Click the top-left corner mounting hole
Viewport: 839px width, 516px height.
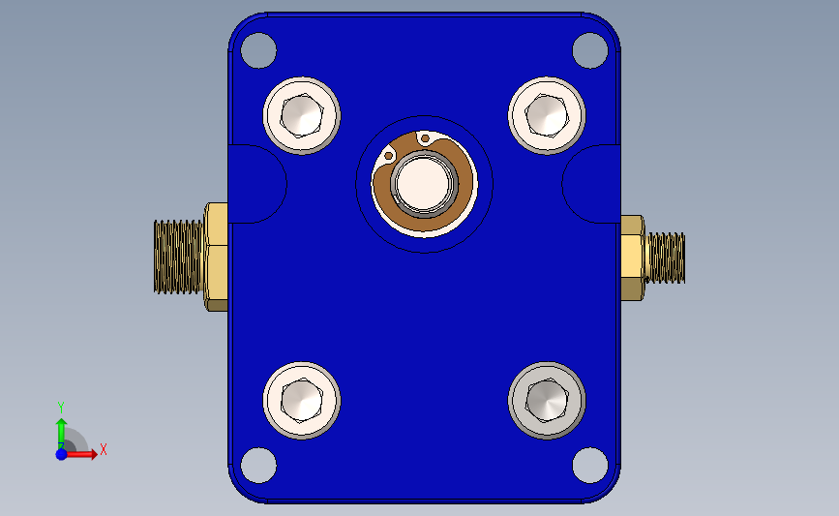pos(258,50)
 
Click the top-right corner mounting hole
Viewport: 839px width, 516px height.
pos(590,50)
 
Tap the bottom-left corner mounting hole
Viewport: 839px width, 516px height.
pos(258,465)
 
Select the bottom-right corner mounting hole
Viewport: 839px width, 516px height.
pos(590,465)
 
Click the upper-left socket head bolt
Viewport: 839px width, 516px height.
pos(302,115)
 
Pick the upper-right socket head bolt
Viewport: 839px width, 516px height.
pos(547,115)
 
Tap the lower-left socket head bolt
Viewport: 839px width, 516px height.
pos(302,401)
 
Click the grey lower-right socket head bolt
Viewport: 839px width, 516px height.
pos(547,401)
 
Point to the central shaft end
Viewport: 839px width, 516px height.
pos(424,184)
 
